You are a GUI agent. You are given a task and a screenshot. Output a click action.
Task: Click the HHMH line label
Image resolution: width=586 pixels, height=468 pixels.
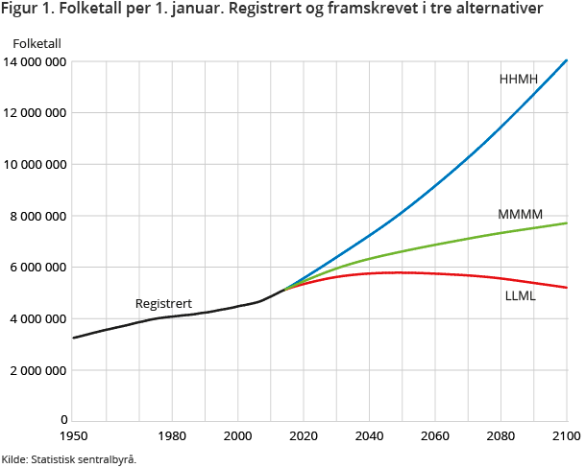pos(519,79)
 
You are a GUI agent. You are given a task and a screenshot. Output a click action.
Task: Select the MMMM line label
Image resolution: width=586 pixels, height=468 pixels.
pos(520,214)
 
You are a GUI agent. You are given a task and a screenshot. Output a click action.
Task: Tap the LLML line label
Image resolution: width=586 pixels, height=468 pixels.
pos(520,296)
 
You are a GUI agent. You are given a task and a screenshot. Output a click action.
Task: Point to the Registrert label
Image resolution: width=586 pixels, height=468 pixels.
pos(164,303)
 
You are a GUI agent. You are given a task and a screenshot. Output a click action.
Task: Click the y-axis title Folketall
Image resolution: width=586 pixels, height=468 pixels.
pos(37,43)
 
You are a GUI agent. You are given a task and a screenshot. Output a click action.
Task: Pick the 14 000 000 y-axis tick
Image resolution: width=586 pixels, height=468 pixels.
pos(36,61)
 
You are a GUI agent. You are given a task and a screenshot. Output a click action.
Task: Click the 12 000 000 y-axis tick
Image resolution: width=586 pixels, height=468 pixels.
pos(36,113)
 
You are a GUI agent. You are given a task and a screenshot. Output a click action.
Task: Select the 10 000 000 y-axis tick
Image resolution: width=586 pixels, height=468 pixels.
pos(36,164)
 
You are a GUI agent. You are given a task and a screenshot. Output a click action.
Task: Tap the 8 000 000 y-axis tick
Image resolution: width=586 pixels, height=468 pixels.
pos(39,216)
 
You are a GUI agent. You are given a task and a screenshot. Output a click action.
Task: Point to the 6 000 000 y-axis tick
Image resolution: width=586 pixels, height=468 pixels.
pos(39,268)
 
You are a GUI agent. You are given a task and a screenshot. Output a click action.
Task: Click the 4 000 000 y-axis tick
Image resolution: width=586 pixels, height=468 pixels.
pos(39,318)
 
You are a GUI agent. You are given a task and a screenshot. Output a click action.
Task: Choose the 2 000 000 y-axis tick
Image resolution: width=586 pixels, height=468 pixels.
pos(39,370)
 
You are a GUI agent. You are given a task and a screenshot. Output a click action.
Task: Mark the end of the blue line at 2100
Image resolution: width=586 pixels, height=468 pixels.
pos(567,60)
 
